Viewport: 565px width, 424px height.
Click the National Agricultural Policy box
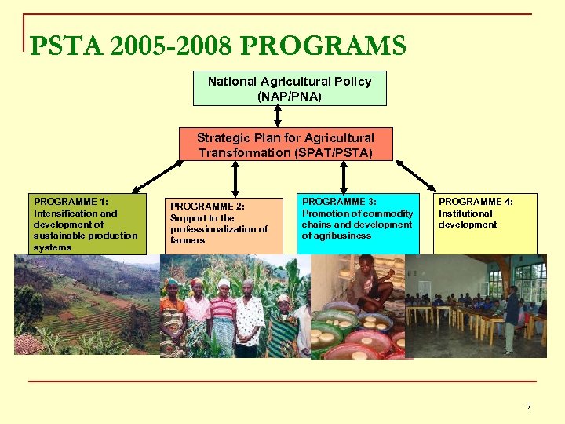pos(290,89)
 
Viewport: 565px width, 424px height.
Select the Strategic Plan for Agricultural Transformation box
pos(286,144)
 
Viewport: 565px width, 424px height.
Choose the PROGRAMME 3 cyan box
pos(358,224)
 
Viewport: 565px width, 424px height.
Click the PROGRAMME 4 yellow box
pos(485,224)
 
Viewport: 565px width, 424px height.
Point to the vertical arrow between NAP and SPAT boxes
pos(277,116)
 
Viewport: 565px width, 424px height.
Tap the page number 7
pos(528,406)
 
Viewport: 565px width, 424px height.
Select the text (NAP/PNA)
pos(290,97)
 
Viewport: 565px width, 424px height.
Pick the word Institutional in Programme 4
pos(465,214)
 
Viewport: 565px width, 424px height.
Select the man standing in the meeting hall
pos(511,318)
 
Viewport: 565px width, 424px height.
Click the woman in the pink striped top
pos(223,314)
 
